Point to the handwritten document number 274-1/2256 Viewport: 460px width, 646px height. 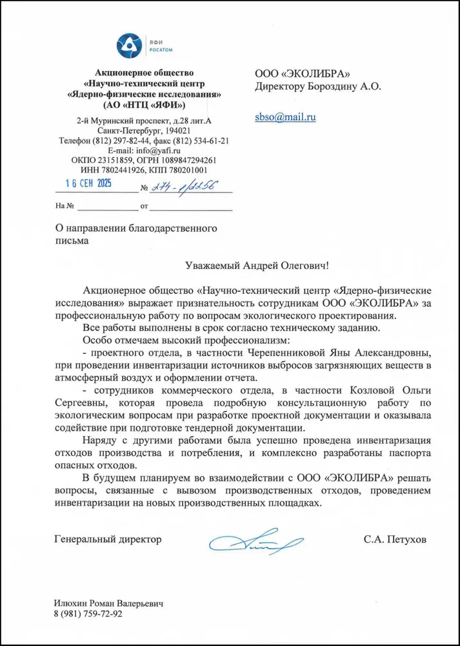[182, 187]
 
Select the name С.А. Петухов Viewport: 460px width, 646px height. [395, 539]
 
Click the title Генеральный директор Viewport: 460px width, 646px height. [108, 539]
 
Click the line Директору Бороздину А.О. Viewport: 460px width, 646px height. [318, 86]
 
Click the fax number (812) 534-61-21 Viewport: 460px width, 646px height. [202, 140]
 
